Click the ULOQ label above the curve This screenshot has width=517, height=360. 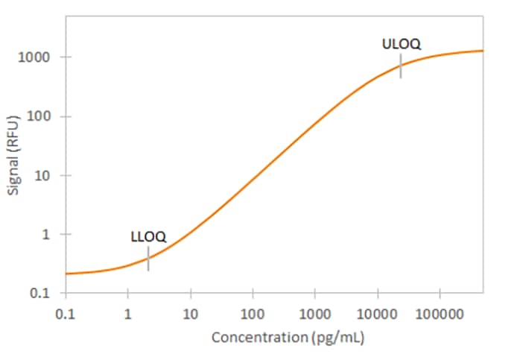coord(402,44)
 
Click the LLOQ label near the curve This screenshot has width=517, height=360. coord(148,237)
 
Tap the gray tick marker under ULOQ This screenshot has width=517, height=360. coord(401,66)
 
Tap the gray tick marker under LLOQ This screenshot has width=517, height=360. coord(148,259)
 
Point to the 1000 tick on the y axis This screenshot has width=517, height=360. coord(37,57)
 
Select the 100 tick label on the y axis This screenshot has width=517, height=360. coord(40,116)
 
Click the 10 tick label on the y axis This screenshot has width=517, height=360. coord(43,175)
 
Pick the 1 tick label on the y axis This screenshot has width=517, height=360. coord(46,234)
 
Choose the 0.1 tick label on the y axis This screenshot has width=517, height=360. coord(42,293)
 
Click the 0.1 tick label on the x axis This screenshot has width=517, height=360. coord(66,312)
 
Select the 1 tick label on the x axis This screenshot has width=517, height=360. coord(128,312)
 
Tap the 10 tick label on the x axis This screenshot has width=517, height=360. coord(191,312)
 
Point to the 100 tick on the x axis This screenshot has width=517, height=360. coord(253,312)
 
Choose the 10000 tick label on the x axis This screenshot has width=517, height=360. coord(377,312)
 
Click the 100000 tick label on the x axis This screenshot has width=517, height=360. coord(440,312)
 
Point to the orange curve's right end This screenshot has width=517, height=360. coord(482,51)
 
